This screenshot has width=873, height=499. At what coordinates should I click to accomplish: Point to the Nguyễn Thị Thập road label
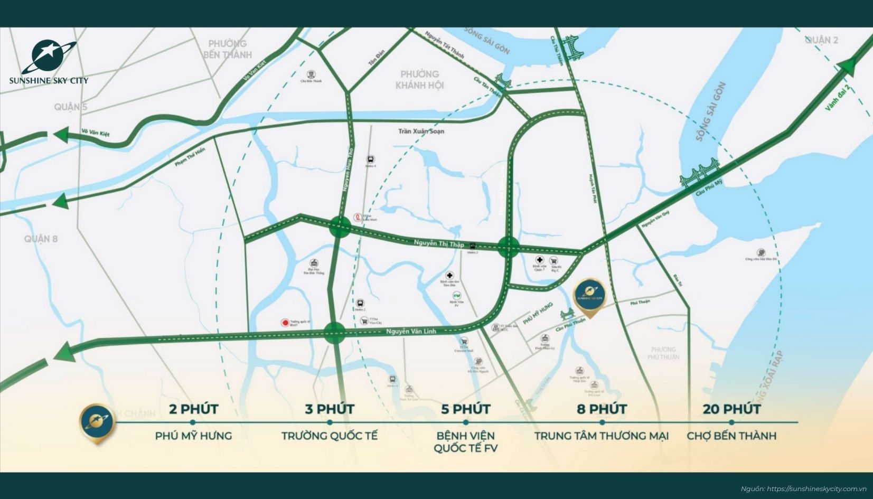(x=438, y=243)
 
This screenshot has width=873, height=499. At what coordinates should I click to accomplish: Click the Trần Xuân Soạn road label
(x=421, y=131)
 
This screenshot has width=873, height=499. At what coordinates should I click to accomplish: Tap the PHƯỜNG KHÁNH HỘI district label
(x=419, y=79)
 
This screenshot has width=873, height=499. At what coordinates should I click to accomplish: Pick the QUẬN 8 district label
(x=41, y=239)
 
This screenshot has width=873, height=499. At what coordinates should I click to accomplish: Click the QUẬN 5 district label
(x=70, y=107)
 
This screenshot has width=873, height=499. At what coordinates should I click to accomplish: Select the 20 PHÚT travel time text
(x=731, y=409)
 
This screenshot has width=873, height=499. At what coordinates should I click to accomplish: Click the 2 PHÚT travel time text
(x=193, y=409)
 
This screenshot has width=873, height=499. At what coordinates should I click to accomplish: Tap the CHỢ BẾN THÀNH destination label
(x=731, y=436)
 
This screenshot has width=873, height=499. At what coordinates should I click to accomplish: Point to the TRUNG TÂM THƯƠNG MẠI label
(x=601, y=436)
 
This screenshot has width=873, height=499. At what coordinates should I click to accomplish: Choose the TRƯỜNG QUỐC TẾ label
(x=330, y=436)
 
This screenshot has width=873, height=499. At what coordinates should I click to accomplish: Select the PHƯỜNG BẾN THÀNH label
(x=227, y=49)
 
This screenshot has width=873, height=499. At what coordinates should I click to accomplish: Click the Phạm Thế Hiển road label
(x=189, y=158)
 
